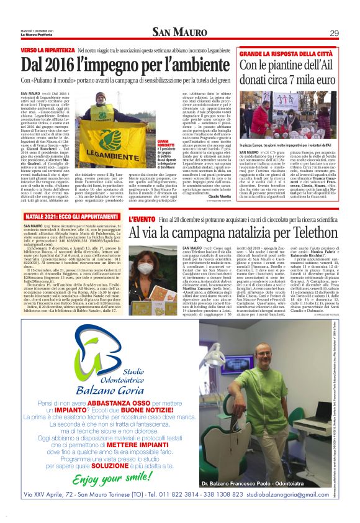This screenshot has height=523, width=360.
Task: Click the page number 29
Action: pos(333,33)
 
